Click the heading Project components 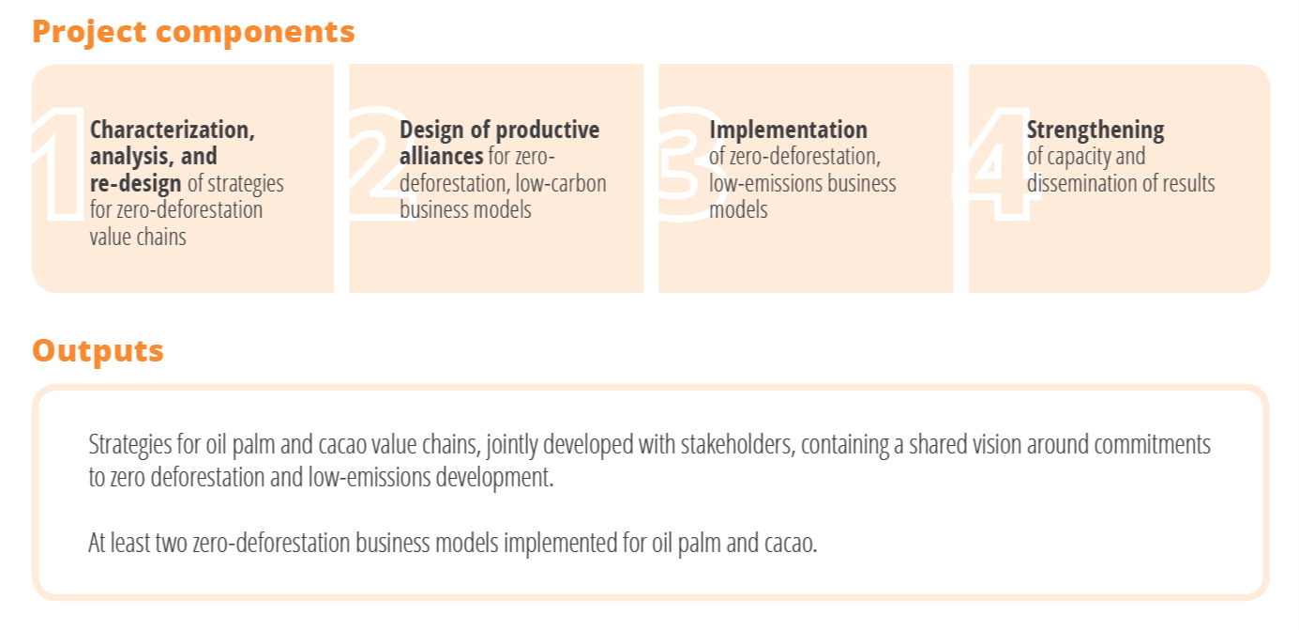[x=193, y=33]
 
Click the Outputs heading [x=98, y=351]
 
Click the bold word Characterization [x=172, y=131]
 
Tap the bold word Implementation [x=788, y=130]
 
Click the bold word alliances [x=442, y=156]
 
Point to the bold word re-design [x=136, y=184]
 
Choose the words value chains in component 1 [x=138, y=237]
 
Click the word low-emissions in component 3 [x=764, y=183]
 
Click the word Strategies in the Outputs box [x=130, y=445]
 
